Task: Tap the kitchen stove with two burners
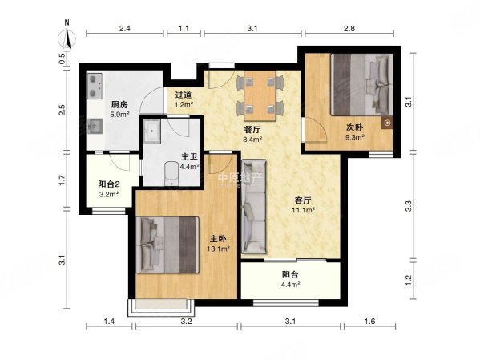95,86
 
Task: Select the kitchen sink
95,126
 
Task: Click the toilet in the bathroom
171,173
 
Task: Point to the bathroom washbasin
151,131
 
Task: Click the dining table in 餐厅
260,95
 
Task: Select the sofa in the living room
254,206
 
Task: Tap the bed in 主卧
167,245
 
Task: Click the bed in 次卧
361,84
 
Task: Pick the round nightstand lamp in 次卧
387,123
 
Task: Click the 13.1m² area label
218,249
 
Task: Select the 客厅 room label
303,200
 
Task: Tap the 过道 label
184,95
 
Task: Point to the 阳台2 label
109,184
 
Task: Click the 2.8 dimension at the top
349,29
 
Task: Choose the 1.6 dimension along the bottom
369,321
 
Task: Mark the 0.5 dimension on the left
63,59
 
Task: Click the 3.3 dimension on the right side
409,205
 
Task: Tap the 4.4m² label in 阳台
290,285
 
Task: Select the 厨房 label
119,105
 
